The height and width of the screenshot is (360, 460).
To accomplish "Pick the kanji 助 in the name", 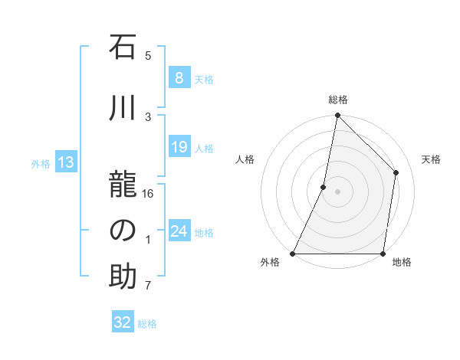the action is click(123, 277).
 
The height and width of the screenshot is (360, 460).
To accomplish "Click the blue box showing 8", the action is click(179, 78).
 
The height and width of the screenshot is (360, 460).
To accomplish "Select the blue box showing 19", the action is click(179, 148).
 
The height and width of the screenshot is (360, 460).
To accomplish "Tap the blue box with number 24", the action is click(179, 231).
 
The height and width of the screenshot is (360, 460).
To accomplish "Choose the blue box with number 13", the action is click(65, 162).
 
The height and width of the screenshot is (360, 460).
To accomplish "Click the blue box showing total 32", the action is click(123, 322).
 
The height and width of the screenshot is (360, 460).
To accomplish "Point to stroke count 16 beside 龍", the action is click(148, 193).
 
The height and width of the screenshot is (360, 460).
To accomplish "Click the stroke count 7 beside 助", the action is click(148, 286).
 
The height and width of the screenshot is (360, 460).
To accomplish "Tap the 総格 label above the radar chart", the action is click(338, 100).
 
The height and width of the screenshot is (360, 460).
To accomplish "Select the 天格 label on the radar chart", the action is click(432, 159).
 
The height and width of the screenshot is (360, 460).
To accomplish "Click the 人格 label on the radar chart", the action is click(245, 159).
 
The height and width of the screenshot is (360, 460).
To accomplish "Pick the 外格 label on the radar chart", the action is click(270, 263).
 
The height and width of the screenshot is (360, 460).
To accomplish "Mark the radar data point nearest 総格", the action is click(337, 115).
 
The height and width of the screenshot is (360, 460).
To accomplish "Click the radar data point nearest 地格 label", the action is click(383, 254).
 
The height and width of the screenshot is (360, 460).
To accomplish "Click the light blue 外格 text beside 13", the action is click(40, 163).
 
